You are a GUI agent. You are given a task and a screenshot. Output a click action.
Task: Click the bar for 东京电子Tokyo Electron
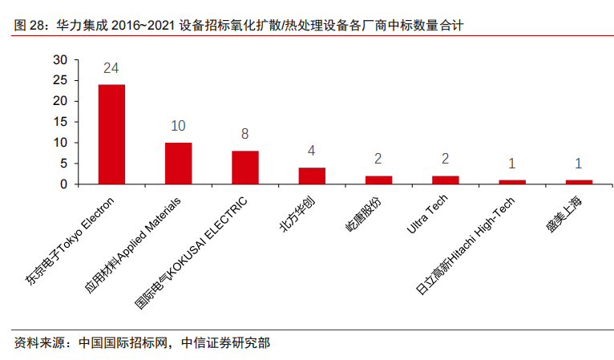[x=111, y=134]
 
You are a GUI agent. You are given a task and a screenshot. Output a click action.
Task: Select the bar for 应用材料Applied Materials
[x=178, y=164]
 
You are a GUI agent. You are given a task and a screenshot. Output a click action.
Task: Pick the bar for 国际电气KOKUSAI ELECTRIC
[x=245, y=168]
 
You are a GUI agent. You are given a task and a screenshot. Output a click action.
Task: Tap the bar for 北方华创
[x=312, y=176]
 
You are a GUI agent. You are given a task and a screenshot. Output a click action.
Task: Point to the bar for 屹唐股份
[x=378, y=180]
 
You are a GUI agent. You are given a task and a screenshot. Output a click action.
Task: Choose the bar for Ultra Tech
[x=446, y=180]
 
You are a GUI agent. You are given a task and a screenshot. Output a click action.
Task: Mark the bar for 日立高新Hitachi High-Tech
[x=512, y=182]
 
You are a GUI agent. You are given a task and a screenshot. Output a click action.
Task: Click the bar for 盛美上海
[x=579, y=182]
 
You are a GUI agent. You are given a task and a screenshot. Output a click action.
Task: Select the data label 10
[x=178, y=126]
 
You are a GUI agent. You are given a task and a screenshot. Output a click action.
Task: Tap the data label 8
[x=245, y=134]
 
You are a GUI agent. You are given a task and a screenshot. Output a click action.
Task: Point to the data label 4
[x=312, y=151]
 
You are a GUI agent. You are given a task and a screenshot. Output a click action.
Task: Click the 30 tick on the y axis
[x=60, y=59]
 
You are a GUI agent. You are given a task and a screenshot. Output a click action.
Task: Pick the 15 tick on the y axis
[x=60, y=122]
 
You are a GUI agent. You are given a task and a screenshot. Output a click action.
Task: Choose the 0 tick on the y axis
[x=64, y=184]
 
